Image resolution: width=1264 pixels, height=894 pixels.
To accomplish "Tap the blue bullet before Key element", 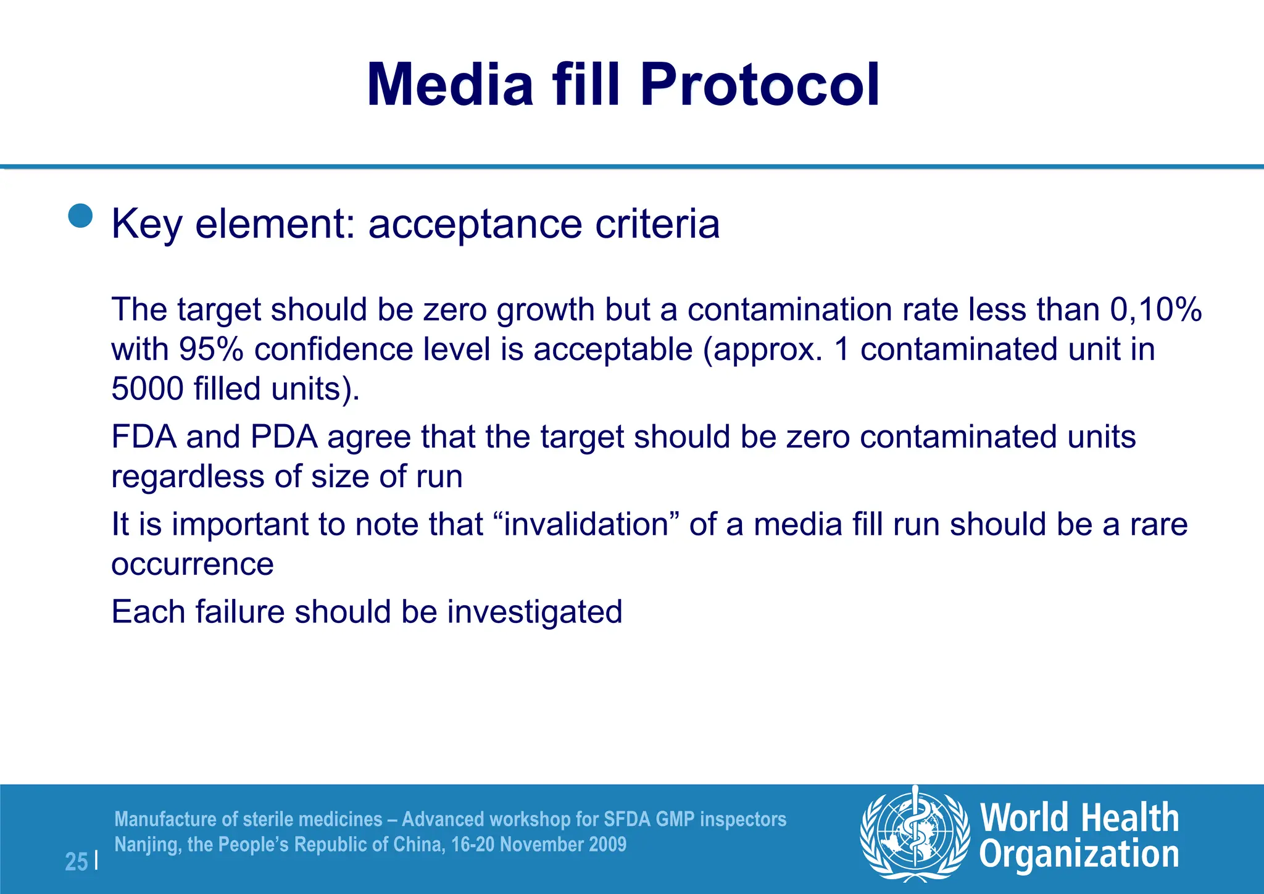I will (x=80, y=216).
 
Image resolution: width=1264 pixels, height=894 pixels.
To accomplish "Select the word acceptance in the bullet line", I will (x=475, y=223).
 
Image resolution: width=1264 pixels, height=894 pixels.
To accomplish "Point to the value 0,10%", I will (x=1155, y=309).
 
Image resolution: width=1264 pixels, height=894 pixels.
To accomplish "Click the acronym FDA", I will (x=143, y=437).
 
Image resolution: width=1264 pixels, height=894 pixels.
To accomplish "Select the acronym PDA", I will (x=284, y=437).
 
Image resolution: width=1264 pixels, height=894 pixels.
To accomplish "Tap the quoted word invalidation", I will (x=586, y=525).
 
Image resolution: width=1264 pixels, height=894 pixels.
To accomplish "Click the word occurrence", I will (x=193, y=564).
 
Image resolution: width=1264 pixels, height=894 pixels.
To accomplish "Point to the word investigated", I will (x=534, y=612).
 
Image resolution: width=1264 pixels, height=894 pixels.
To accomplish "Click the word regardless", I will (x=188, y=477).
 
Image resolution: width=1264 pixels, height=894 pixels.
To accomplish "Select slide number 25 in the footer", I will (x=77, y=862).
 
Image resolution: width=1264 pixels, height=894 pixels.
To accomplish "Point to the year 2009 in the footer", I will (x=606, y=844).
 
